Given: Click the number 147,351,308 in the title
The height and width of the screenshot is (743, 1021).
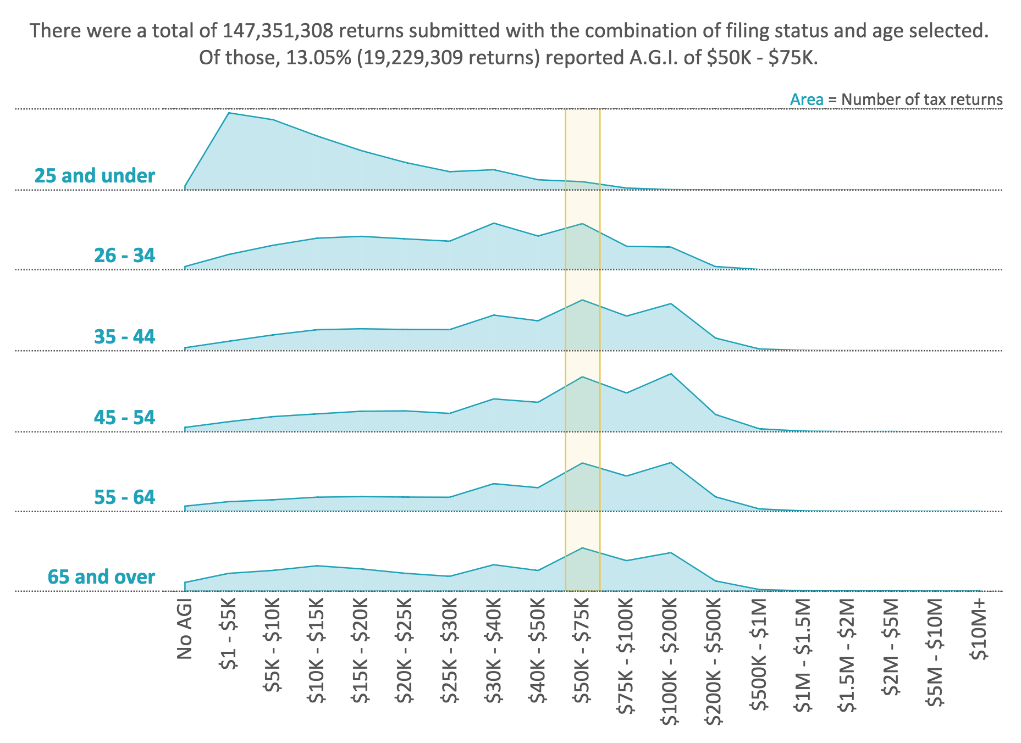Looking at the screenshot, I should click(278, 31).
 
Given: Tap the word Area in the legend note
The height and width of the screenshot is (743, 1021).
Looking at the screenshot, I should click(806, 99).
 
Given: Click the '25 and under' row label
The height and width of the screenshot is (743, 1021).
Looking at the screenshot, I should click(95, 176).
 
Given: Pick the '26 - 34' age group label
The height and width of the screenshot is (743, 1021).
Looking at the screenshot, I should click(124, 256).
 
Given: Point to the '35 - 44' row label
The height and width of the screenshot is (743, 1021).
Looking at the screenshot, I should click(124, 336).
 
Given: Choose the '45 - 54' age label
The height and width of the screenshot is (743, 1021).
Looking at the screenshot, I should click(124, 418).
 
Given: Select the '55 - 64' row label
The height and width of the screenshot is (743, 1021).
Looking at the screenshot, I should click(124, 497).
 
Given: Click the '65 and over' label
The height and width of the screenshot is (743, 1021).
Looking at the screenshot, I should click(101, 577).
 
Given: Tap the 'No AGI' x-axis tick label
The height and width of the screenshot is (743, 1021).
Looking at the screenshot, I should click(185, 629).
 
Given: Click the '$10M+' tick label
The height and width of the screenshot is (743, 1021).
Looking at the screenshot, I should click(979, 629).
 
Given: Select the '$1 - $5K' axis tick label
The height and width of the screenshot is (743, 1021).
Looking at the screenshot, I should click(229, 635).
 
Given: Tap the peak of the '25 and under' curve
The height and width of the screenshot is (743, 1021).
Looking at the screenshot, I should click(229, 113).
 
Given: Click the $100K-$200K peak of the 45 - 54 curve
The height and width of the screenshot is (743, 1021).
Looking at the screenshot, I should click(671, 374).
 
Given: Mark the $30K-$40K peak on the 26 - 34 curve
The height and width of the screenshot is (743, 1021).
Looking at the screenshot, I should click(494, 224).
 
